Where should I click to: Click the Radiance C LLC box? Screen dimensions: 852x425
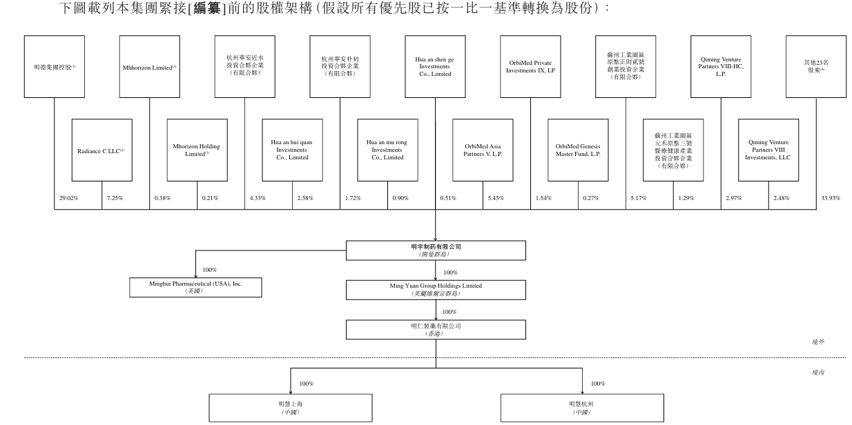[102, 150]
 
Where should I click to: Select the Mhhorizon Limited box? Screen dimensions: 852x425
[150, 67]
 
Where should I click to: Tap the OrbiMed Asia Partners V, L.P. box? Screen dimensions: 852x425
[483, 150]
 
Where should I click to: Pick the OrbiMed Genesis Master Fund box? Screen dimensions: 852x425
[578, 150]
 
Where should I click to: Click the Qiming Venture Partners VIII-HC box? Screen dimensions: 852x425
[721, 67]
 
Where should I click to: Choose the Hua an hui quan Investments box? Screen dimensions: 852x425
[292, 150]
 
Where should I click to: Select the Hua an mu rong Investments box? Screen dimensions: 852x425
[387, 150]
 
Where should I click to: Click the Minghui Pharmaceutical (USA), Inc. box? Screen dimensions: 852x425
[195, 288]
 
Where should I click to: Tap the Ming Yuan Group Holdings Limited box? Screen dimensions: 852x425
[436, 290]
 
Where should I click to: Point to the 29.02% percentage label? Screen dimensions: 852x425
[69, 198]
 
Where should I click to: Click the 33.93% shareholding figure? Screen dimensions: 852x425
[831, 198]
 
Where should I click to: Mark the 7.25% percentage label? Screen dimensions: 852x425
[115, 198]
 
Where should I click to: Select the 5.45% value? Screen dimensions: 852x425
[496, 198]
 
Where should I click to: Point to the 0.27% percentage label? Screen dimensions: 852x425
[591, 198]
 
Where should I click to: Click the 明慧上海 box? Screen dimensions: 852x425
[291, 408]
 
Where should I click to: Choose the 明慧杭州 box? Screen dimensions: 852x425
[582, 408]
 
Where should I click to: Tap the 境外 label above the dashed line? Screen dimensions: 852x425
[817, 342]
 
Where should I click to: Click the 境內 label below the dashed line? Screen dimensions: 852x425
[817, 373]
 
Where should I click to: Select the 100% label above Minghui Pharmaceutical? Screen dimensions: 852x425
[210, 270]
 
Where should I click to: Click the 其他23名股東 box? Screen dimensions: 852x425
[816, 67]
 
